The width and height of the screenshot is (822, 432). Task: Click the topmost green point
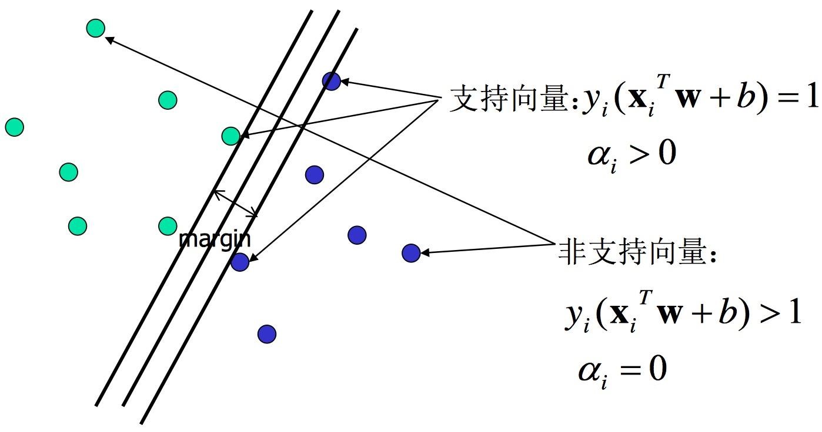point(95,28)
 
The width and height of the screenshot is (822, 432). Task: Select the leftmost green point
point(14,127)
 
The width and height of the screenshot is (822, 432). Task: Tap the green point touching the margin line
point(231,136)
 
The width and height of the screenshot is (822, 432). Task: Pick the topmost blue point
point(332,82)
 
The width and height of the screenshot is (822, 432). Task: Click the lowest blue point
point(267,334)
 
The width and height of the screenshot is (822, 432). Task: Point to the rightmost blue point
point(411,253)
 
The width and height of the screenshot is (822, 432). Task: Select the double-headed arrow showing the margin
point(236,203)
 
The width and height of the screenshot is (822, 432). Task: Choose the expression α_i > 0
point(631,156)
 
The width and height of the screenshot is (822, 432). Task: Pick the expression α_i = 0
point(622,371)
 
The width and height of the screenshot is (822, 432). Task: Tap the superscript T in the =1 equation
point(663,82)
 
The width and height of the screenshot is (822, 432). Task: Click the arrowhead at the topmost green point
point(109,39)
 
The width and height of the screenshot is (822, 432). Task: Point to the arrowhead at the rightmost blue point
point(425,252)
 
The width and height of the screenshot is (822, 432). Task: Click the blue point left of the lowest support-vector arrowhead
point(240,262)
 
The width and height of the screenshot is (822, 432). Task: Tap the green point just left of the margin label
point(168,227)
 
